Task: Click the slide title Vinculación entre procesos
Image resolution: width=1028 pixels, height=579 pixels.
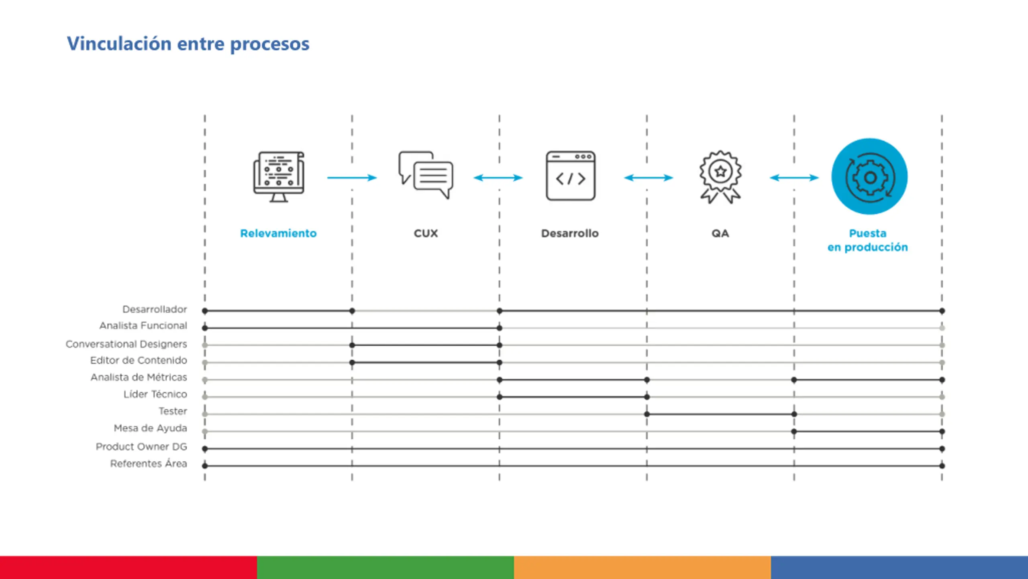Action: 188,44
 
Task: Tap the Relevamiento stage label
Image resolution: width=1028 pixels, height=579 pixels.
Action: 278,233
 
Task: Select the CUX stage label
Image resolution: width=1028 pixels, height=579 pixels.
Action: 426,233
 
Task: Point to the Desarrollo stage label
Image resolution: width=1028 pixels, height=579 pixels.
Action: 570,233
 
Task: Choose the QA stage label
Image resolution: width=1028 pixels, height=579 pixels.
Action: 720,233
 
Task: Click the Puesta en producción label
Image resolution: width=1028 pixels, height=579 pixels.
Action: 868,240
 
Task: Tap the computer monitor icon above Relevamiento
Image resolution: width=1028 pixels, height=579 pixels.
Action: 279,177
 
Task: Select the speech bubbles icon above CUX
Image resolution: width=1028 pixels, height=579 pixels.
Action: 426,175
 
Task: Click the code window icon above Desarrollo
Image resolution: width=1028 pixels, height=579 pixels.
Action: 571,176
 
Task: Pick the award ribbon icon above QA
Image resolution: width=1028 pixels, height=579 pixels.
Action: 720,177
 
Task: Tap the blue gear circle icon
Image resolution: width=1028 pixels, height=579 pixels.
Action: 869,177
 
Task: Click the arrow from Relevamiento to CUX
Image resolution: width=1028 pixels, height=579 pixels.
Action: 352,177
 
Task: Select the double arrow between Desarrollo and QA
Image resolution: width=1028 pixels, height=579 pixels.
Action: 648,177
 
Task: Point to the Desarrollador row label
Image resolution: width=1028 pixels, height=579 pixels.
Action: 155,309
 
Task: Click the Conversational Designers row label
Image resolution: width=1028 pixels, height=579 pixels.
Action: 126,344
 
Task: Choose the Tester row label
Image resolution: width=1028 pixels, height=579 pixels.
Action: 173,411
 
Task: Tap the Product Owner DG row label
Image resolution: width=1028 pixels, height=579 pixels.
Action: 141,446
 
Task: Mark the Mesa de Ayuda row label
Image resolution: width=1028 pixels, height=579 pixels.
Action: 151,428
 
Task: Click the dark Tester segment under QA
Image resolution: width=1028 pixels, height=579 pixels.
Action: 720,414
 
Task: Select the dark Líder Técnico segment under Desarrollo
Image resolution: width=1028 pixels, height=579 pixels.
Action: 573,397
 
